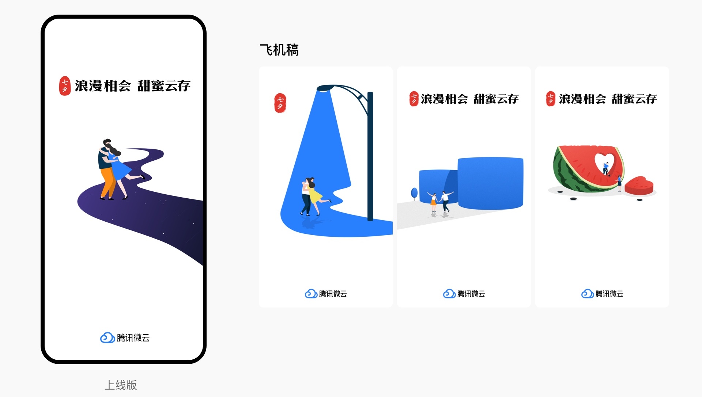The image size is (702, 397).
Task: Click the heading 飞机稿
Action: [x=279, y=50]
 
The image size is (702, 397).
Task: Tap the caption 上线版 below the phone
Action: [x=121, y=385]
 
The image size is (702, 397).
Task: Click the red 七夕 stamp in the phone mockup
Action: [x=65, y=86]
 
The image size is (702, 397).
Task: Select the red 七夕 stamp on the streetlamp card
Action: [x=280, y=103]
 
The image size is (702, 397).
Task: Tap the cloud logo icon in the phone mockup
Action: [x=107, y=337]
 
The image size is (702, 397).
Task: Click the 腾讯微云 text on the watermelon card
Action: [x=609, y=294]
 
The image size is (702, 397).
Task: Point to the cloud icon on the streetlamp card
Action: [x=311, y=294]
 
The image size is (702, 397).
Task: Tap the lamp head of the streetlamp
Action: [x=324, y=88]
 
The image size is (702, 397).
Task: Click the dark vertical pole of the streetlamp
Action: [x=370, y=157]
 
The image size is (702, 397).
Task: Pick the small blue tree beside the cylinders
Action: [x=414, y=193]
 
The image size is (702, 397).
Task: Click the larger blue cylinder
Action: [x=490, y=183]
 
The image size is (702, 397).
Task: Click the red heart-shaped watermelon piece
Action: [x=639, y=186]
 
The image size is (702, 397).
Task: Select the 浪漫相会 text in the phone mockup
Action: [x=103, y=86]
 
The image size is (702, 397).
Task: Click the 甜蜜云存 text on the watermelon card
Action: [x=634, y=99]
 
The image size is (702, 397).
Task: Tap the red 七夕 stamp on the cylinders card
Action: [x=414, y=99]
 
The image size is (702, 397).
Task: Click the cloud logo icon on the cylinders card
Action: [x=449, y=294]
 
